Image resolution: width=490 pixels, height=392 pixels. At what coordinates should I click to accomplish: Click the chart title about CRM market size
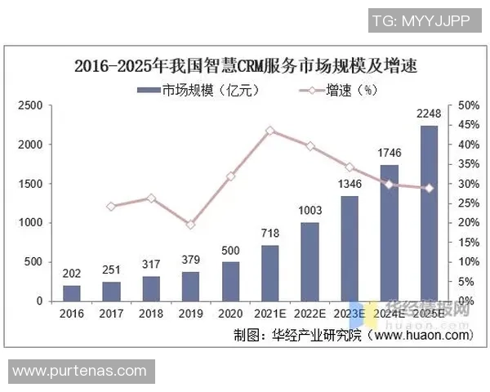[x=245, y=66]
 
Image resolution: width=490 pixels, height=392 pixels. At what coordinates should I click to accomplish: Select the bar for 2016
[x=72, y=293]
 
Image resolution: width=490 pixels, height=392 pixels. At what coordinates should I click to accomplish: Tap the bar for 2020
[x=231, y=281]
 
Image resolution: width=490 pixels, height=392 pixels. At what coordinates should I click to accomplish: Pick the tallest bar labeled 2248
[x=429, y=213]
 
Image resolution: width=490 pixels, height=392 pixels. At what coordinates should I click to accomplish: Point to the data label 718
[x=270, y=234]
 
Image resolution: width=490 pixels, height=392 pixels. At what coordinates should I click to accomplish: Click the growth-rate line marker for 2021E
[x=270, y=130]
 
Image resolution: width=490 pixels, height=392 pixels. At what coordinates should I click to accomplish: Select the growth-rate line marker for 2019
[x=190, y=225]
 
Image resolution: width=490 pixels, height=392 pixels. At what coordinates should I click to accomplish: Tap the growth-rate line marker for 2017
[x=111, y=207]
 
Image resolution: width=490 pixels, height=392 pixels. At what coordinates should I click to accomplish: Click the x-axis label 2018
[x=151, y=313]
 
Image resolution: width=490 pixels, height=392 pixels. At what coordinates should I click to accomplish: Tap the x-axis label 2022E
[x=310, y=313]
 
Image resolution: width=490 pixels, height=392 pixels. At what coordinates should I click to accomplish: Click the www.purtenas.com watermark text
[x=78, y=372]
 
